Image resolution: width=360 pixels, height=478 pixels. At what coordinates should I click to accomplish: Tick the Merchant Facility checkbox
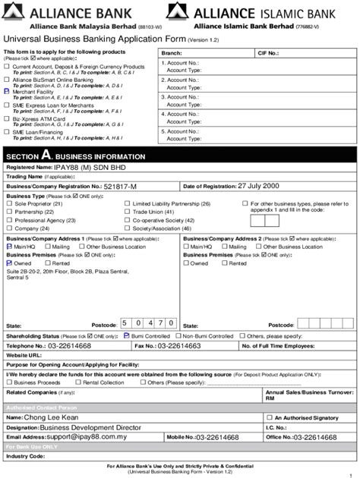[8, 91]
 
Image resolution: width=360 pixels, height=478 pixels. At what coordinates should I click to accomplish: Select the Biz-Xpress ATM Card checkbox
[8, 118]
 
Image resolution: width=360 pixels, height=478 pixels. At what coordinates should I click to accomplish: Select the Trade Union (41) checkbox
[128, 212]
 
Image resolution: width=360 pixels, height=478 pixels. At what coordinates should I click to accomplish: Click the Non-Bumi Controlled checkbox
[179, 335]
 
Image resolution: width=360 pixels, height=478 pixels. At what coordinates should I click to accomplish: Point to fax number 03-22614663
[179, 345]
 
